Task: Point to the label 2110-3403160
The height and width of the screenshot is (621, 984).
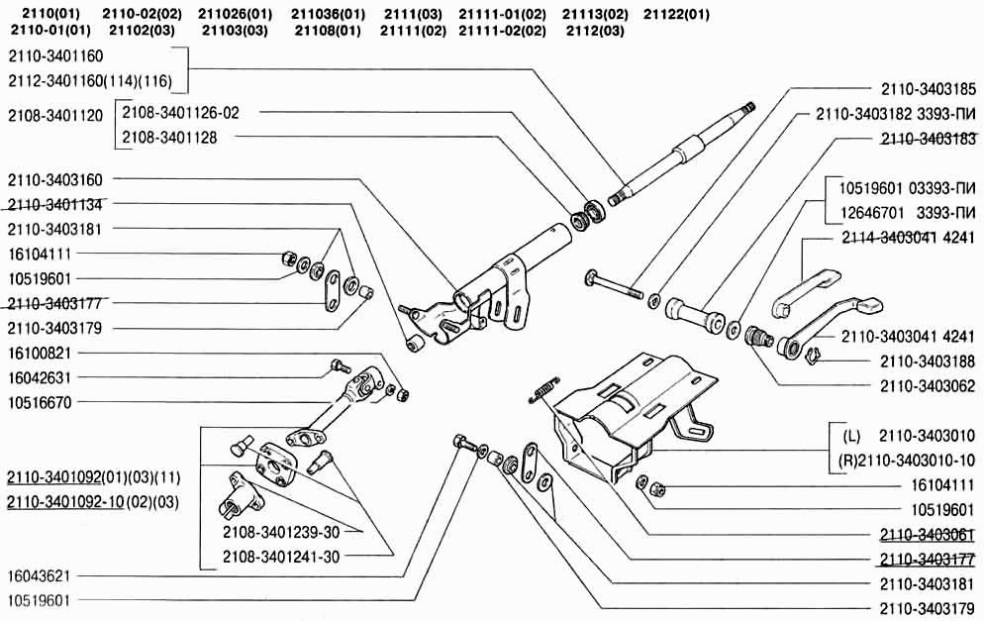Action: coord(60,179)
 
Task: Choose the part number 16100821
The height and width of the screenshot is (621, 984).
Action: coord(41,353)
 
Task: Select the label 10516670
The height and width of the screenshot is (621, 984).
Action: coord(41,402)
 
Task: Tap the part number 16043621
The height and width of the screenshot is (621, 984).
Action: coord(41,575)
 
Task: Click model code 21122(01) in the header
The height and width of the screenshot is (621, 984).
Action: coord(676,14)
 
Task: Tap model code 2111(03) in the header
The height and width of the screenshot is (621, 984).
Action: coord(412,14)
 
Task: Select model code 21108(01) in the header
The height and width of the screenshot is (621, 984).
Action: coord(328,31)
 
